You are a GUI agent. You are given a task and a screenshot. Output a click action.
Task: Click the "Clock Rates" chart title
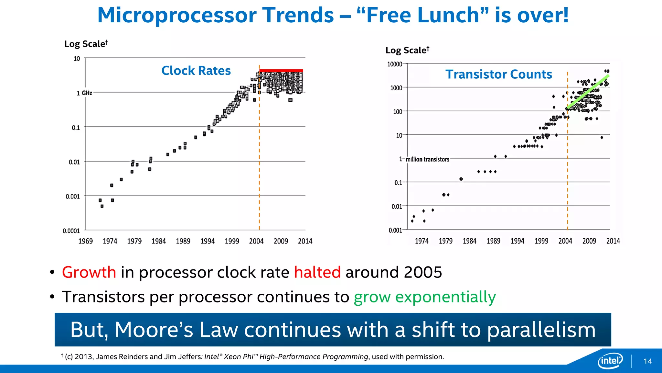click(x=196, y=71)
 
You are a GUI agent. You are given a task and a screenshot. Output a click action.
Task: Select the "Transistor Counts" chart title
click(x=498, y=74)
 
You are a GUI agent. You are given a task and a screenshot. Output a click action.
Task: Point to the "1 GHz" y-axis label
click(x=84, y=93)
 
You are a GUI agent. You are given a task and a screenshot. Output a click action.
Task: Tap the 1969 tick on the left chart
click(x=85, y=241)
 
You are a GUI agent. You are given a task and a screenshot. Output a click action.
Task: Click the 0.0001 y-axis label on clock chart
click(x=71, y=231)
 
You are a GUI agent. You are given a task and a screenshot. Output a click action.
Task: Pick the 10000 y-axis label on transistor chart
click(x=394, y=64)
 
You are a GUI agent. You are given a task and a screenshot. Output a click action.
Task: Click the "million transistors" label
click(x=427, y=159)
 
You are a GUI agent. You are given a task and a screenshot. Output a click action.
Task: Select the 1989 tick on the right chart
click(x=493, y=241)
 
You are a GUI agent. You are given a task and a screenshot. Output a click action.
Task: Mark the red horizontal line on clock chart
click(x=281, y=70)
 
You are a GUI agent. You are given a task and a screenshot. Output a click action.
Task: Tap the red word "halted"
click(x=317, y=272)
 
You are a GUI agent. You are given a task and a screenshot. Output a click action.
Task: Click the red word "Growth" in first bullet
click(x=89, y=272)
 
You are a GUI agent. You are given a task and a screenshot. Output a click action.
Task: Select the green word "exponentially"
click(x=445, y=297)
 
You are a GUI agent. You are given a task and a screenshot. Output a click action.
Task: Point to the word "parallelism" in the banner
click(x=541, y=330)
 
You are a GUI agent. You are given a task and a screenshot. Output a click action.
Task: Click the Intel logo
click(x=610, y=360)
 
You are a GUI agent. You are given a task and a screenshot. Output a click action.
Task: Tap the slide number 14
click(x=647, y=361)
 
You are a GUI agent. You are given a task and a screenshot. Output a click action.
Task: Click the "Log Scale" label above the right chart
click(x=407, y=50)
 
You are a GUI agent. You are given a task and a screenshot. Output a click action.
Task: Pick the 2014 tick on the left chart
click(x=305, y=241)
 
